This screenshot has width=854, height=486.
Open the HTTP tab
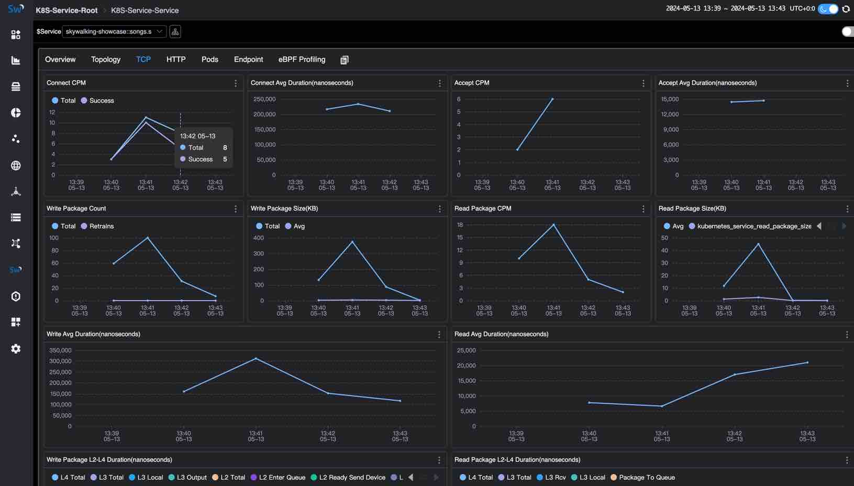[176, 60]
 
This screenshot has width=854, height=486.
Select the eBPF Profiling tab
[302, 60]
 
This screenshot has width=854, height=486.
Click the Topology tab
[106, 60]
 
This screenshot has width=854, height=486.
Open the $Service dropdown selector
[114, 31]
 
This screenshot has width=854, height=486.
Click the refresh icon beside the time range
[846, 9]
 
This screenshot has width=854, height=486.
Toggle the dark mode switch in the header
[828, 9]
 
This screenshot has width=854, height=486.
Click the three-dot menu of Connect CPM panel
[236, 83]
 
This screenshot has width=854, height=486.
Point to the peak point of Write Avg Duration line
[256, 358]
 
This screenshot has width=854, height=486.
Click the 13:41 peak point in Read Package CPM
[553, 225]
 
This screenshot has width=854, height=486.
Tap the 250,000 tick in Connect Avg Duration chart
[264, 99]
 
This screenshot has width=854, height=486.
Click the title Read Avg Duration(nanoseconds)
[501, 334]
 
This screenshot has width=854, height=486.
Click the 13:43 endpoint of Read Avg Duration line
[807, 362]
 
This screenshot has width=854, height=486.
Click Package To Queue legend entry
[646, 478]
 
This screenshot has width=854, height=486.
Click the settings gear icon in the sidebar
[16, 349]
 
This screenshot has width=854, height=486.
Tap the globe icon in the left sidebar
[16, 165]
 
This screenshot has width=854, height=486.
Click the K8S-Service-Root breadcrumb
[66, 10]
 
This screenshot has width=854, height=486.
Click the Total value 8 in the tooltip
[225, 148]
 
